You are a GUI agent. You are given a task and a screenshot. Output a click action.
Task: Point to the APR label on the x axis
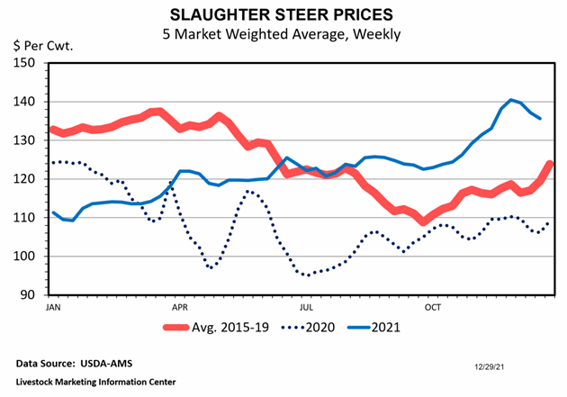pyautogui.click(x=179, y=307)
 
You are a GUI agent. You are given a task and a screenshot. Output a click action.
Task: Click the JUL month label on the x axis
pyautogui.click(x=306, y=307)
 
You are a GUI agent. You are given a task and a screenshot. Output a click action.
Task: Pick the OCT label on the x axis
pyautogui.click(x=434, y=307)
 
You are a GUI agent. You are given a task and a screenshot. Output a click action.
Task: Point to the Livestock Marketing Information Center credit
pyautogui.click(x=94, y=382)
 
